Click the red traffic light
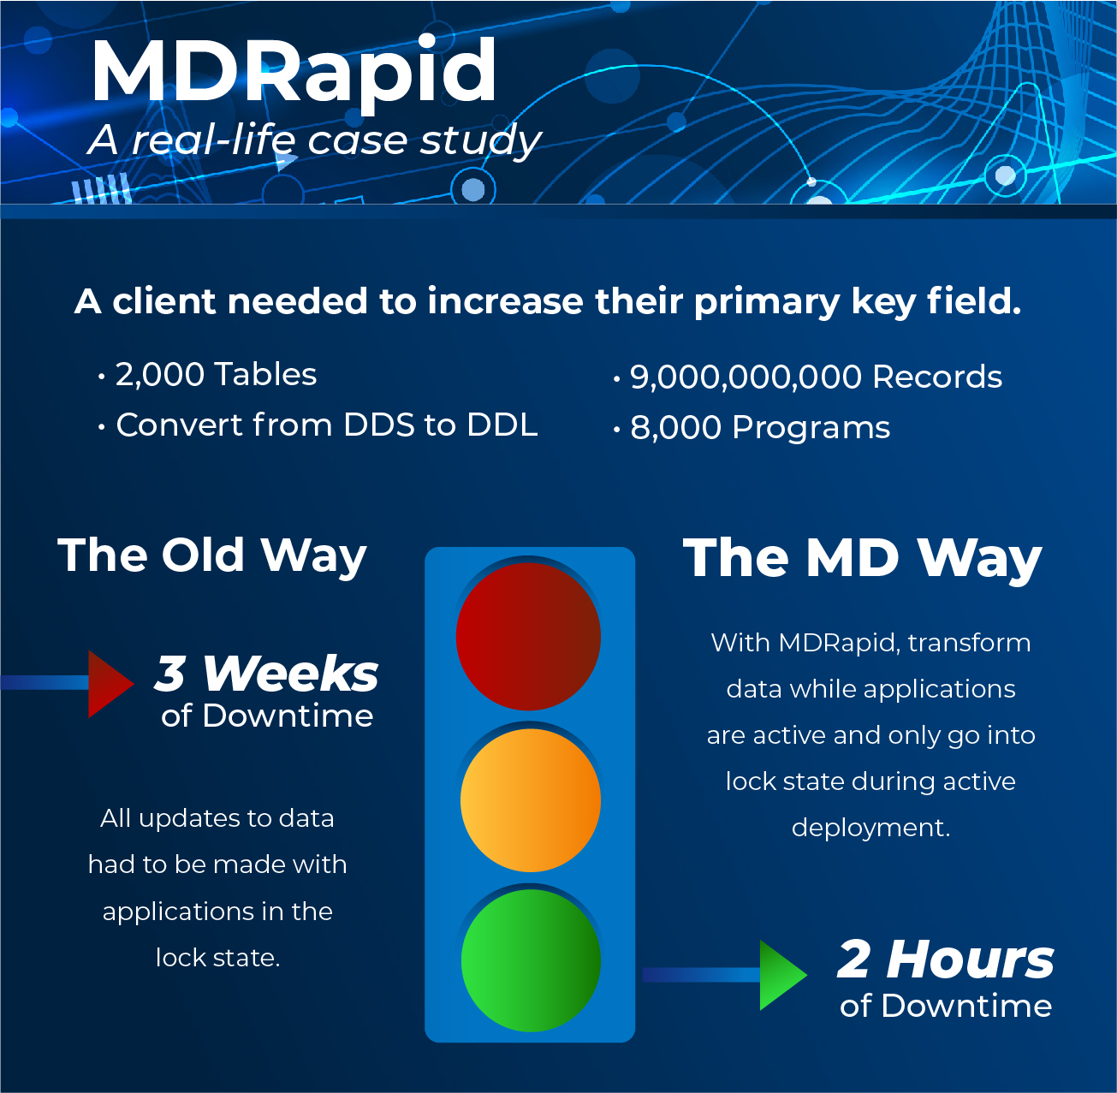528,636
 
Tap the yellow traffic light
530,800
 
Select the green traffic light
531,960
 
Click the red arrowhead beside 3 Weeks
110,683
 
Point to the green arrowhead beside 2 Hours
781,975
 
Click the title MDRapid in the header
294,70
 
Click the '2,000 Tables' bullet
216,375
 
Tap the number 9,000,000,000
746,377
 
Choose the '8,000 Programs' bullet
760,428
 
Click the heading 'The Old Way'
212,555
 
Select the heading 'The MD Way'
862,559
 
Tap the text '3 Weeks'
266,674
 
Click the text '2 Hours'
945,959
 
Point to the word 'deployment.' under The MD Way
870,828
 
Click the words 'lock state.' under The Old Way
217,958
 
